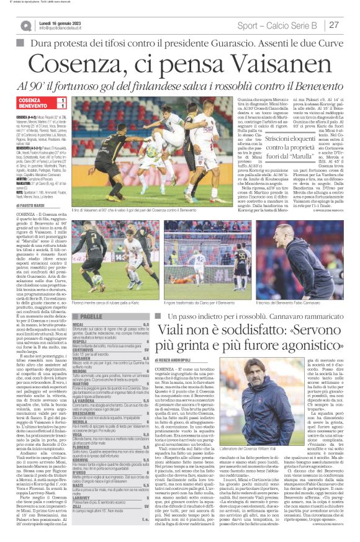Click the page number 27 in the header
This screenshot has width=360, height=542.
[334, 25]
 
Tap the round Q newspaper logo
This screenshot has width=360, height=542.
[25, 25]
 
